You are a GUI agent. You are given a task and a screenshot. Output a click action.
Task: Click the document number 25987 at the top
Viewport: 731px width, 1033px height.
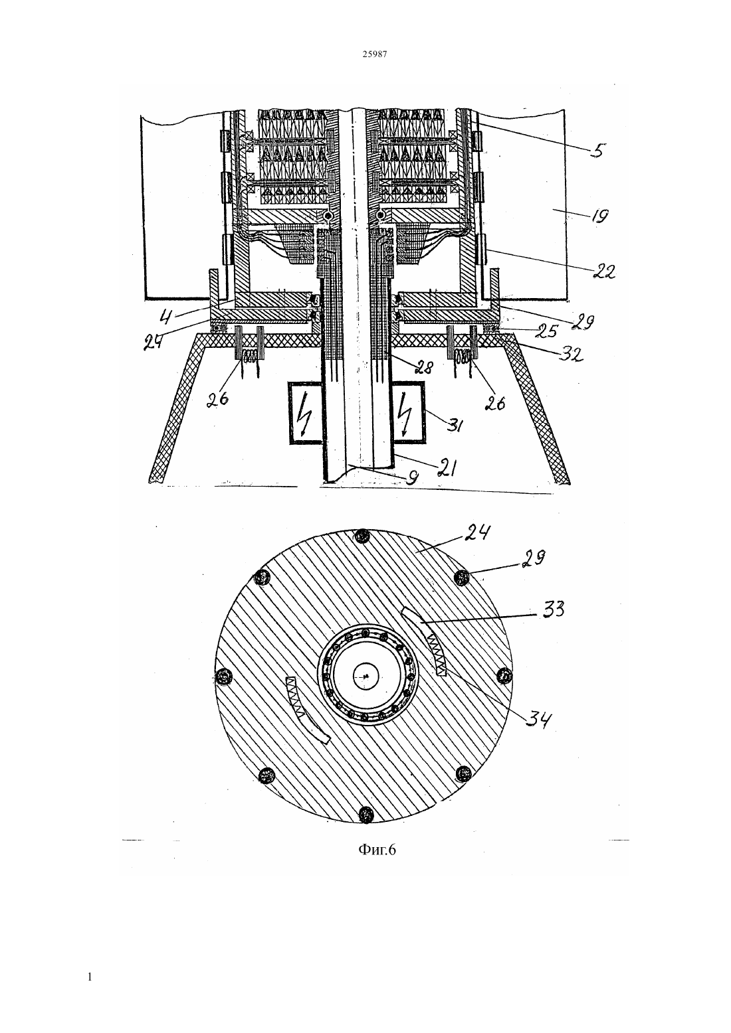(x=374, y=54)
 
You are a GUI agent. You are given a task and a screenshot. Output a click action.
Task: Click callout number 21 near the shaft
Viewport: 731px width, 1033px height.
(x=446, y=469)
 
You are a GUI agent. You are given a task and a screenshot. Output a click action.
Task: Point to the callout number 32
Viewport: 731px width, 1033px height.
(x=572, y=353)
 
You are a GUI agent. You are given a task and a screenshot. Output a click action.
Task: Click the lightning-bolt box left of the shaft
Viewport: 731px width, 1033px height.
(x=305, y=412)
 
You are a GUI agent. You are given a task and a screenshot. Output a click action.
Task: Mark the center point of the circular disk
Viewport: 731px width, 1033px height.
(x=365, y=676)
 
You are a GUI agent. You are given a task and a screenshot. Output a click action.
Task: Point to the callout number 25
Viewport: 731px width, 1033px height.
(x=547, y=331)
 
